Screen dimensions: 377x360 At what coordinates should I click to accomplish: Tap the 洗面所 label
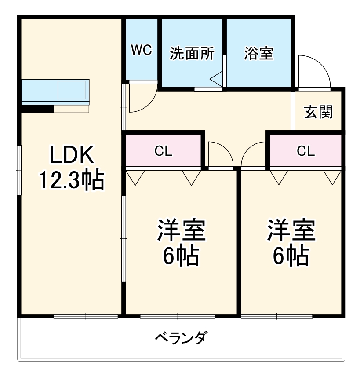[x=192, y=53]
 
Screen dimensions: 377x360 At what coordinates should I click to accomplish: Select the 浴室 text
[x=259, y=53]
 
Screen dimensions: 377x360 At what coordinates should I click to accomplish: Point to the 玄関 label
[x=319, y=113]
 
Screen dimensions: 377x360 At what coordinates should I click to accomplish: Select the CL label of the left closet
[x=163, y=151]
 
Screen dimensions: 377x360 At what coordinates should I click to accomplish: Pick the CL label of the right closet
[x=305, y=151]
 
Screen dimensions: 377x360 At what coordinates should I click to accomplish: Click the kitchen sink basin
[x=71, y=90]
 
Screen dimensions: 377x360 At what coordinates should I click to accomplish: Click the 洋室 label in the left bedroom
[x=181, y=230]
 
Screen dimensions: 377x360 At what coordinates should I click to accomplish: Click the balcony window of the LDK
[x=86, y=316]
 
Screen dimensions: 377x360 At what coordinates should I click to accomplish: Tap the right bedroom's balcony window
[x=277, y=316]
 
